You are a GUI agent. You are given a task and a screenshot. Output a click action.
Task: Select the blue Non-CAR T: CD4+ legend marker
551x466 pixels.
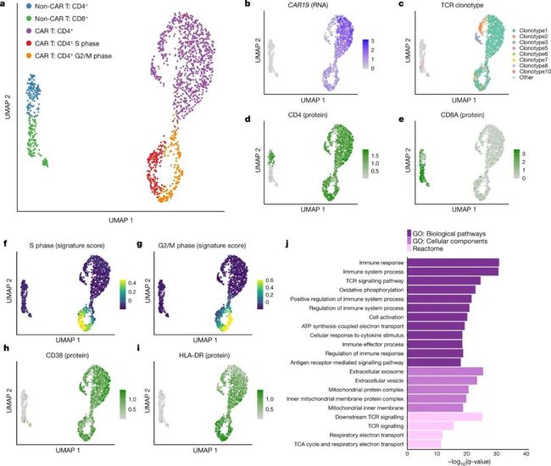pos(29,8)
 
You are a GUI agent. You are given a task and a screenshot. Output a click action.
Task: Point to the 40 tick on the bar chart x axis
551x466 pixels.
pos(539,454)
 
